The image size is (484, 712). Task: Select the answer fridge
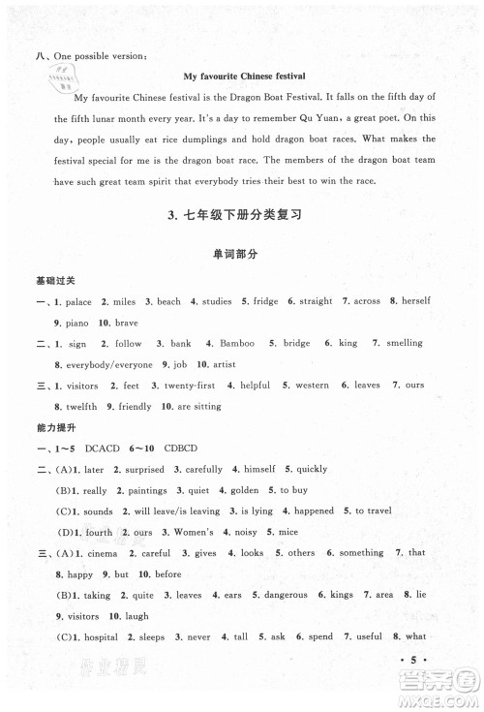point(266,301)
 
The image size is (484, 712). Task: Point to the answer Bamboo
point(237,343)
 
